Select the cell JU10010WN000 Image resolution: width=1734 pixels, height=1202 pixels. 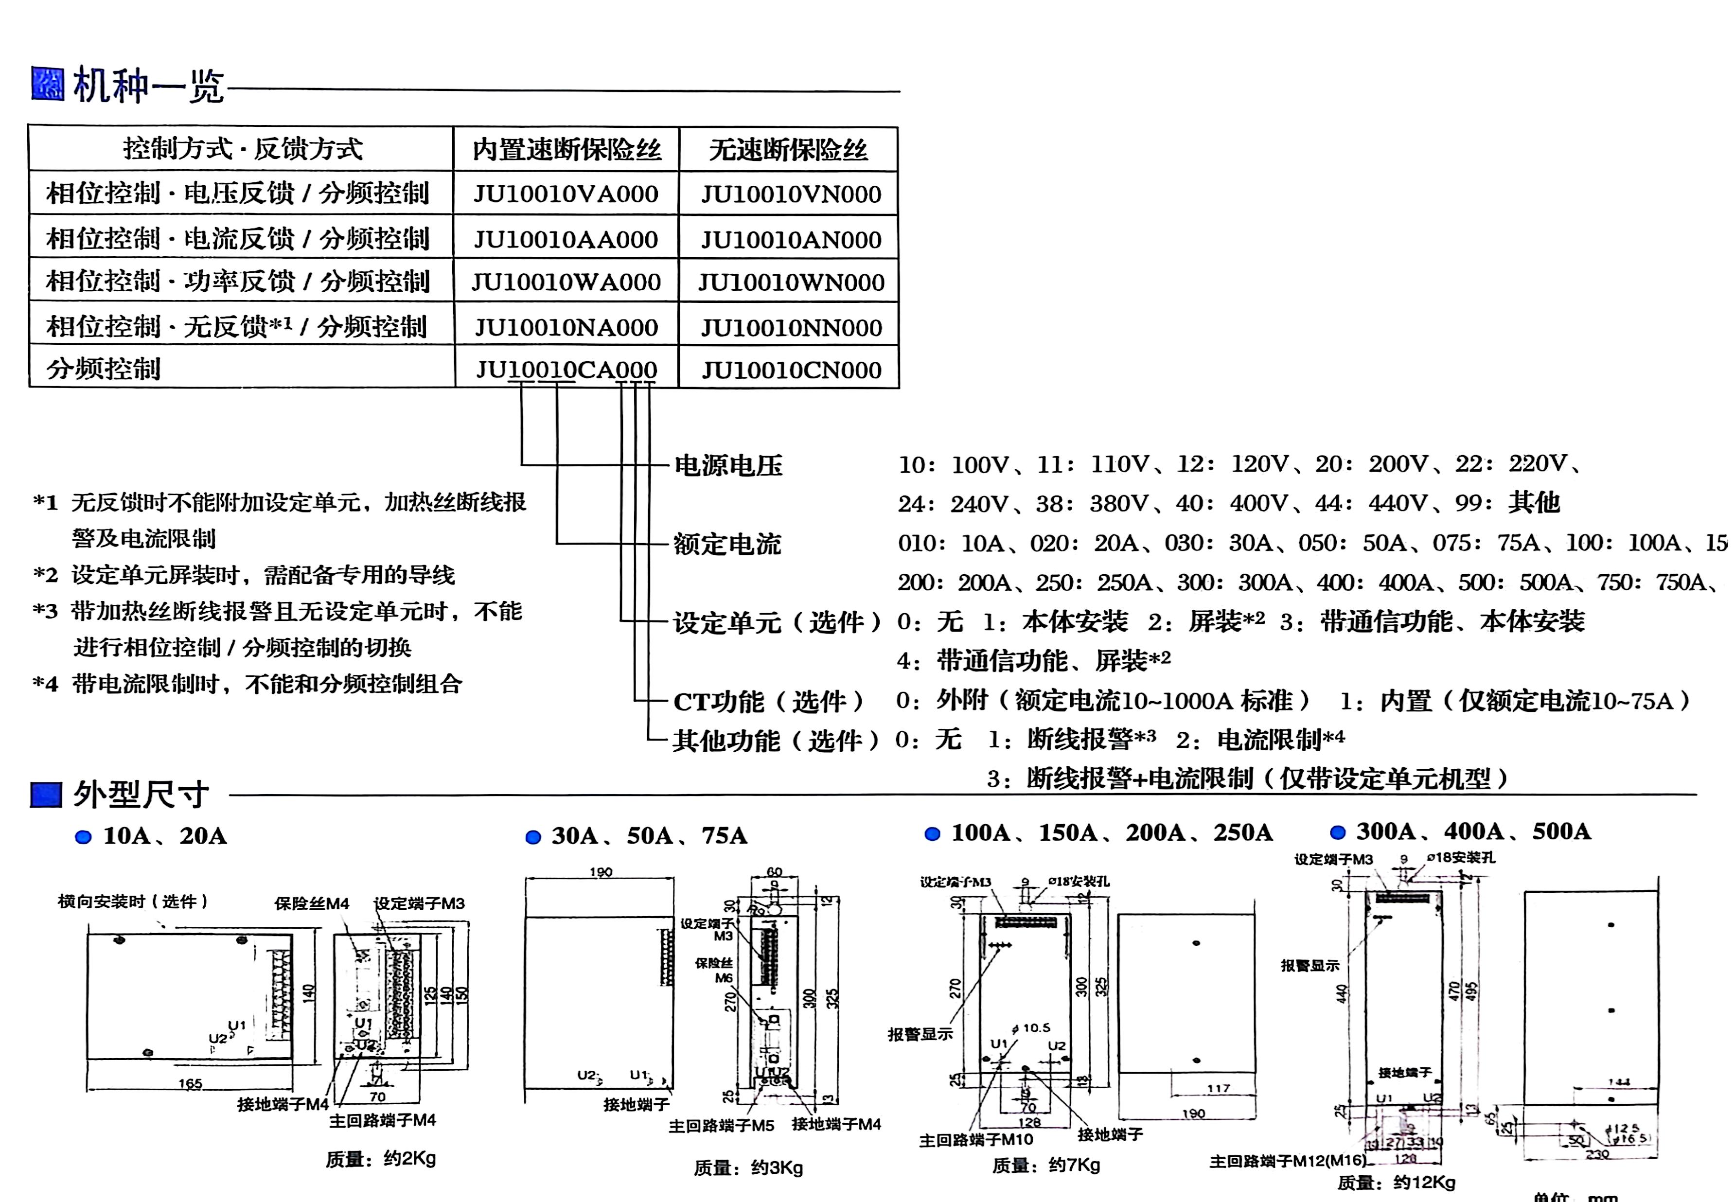tap(791, 283)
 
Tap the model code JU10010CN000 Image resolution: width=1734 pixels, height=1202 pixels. tap(791, 370)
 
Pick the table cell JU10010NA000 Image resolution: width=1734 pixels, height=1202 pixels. tap(566, 327)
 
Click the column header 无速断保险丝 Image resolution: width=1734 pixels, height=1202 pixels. tap(788, 150)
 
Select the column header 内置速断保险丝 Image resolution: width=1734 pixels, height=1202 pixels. tap(566, 150)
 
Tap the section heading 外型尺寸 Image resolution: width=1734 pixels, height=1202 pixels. tap(141, 794)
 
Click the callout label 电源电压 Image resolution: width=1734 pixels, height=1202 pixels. tap(728, 465)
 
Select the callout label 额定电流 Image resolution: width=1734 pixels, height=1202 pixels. tap(727, 544)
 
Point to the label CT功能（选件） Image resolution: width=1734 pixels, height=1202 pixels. tap(768, 701)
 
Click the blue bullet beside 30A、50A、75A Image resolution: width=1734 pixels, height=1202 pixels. tap(533, 837)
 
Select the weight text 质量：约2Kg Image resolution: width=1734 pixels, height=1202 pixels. tap(380, 1158)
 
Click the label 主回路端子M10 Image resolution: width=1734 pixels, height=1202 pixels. tap(976, 1140)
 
